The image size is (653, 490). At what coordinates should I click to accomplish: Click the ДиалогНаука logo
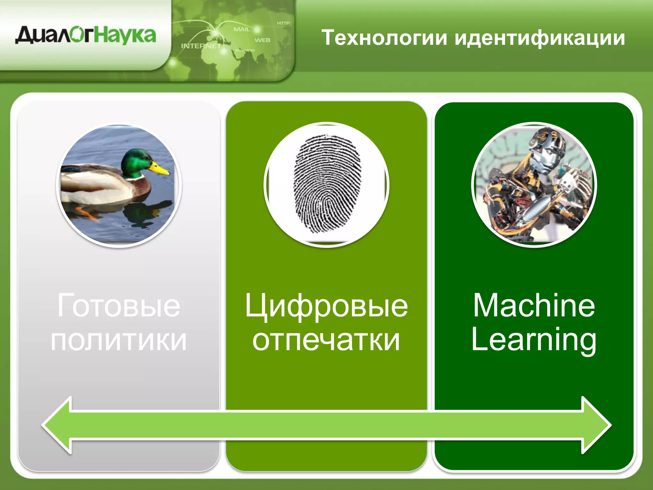(85, 35)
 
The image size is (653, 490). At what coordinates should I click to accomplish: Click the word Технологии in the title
(385, 38)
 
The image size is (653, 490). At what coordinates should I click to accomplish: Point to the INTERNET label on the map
(201, 46)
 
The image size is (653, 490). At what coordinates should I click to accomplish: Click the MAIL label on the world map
(242, 29)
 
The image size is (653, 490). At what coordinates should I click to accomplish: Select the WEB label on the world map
(262, 40)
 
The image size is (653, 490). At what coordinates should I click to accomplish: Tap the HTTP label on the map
(283, 23)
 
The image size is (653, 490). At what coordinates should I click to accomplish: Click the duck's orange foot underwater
(88, 213)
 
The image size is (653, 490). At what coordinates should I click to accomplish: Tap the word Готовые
(119, 306)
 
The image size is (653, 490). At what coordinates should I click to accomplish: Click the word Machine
(534, 306)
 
